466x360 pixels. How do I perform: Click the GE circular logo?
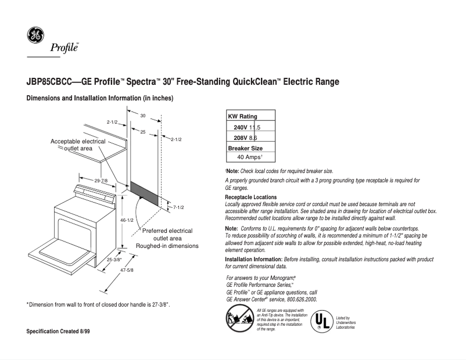34,35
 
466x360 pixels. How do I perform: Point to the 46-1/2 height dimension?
127,220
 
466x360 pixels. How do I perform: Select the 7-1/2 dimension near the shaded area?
178,207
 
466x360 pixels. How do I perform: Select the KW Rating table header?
242,117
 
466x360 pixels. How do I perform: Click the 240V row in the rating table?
247,127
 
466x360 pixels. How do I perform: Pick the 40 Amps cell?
250,157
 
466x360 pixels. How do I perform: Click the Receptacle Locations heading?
251,197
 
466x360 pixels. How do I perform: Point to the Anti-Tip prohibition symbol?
239,319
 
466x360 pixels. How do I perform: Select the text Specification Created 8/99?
58,331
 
